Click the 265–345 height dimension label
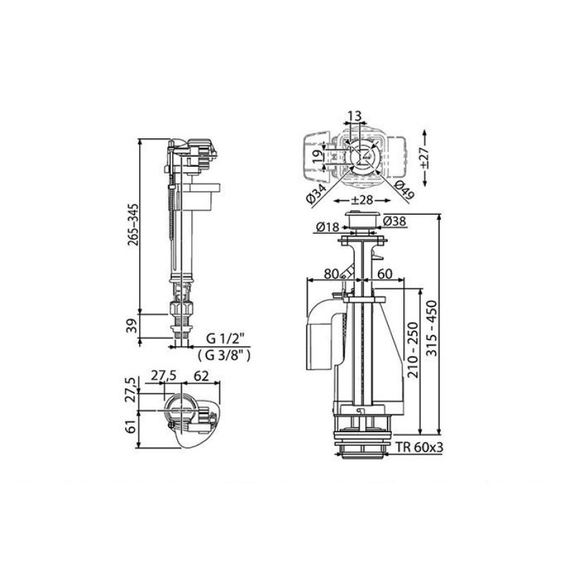pos(133,225)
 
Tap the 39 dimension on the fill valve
pos(132,326)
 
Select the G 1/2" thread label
pos(225,339)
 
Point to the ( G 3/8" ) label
pos(224,356)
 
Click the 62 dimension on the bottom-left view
pos(201,376)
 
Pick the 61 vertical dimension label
pos(132,427)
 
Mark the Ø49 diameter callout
pos(404,189)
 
